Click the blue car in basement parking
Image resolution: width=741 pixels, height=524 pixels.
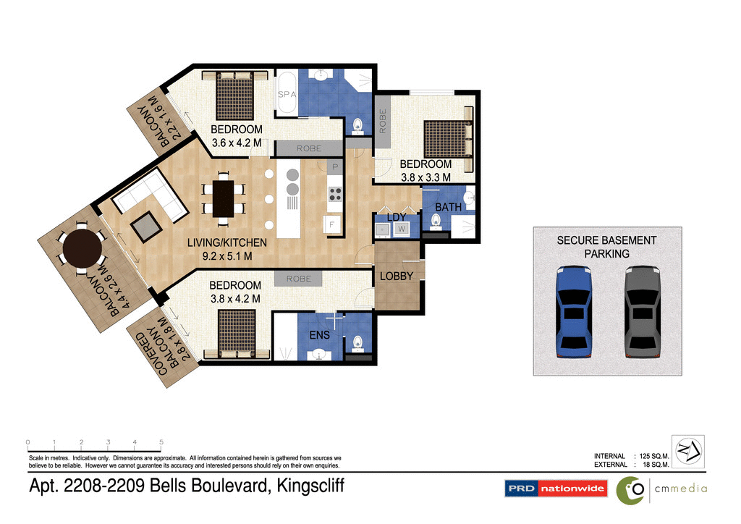click(x=575, y=311)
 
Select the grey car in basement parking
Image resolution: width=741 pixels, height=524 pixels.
click(x=643, y=311)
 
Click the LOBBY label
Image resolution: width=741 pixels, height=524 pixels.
click(x=397, y=276)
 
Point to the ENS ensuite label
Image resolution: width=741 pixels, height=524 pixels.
click(x=320, y=335)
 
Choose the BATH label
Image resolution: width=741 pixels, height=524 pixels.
click(x=448, y=207)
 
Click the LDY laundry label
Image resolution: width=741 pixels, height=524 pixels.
click(x=397, y=216)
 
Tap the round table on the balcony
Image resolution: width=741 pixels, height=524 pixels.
click(x=82, y=249)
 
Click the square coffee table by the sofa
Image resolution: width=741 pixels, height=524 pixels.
click(x=148, y=226)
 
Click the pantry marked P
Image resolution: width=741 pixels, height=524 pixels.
click(x=334, y=167)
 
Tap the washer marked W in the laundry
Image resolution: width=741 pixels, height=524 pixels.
click(x=402, y=229)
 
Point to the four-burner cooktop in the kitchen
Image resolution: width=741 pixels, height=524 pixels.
click(x=336, y=193)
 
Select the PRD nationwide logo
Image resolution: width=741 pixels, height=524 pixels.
click(x=555, y=489)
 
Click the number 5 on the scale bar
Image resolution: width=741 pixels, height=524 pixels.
click(x=161, y=441)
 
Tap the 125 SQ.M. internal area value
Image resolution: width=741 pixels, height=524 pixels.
click(x=653, y=456)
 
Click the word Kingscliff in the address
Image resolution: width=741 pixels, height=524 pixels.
click(x=305, y=486)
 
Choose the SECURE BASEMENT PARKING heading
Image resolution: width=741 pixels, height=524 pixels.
click(x=606, y=247)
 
